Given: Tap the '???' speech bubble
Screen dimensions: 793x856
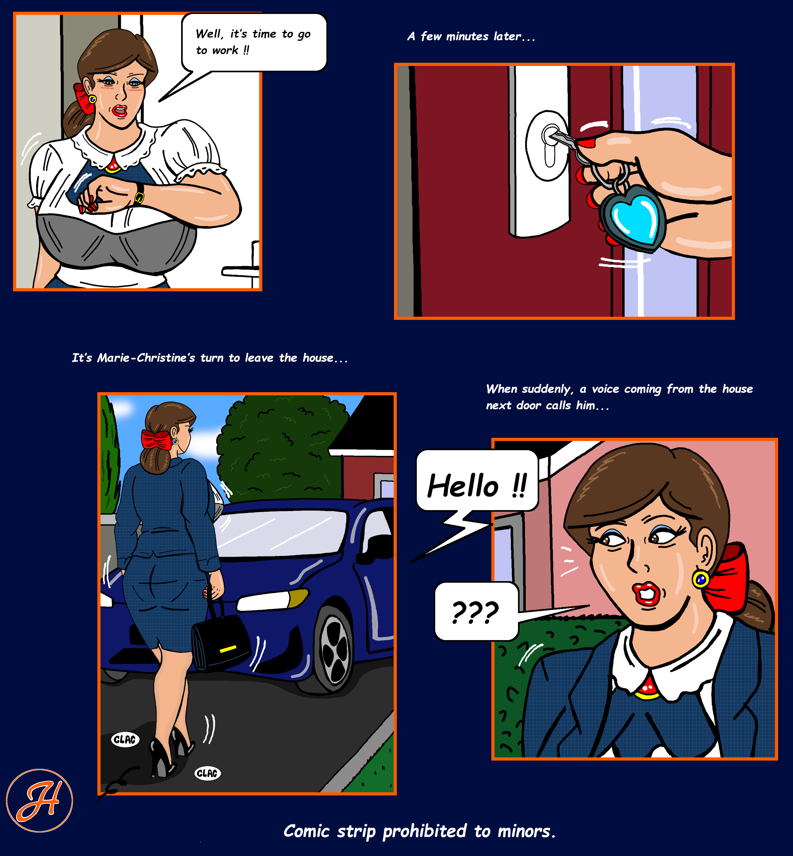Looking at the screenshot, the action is pyautogui.click(x=476, y=611).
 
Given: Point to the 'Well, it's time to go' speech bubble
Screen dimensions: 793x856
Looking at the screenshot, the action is pyautogui.click(x=254, y=42).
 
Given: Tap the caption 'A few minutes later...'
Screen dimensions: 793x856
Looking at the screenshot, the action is pyautogui.click(x=471, y=36).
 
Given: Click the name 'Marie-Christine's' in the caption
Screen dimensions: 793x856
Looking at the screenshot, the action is pyautogui.click(x=146, y=358).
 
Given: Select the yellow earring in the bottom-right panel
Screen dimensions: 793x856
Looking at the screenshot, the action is pyautogui.click(x=701, y=580).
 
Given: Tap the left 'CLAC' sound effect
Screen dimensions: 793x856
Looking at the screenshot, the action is pyautogui.click(x=125, y=739).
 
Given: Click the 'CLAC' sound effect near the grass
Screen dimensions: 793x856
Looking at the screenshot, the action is pyautogui.click(x=208, y=773).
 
